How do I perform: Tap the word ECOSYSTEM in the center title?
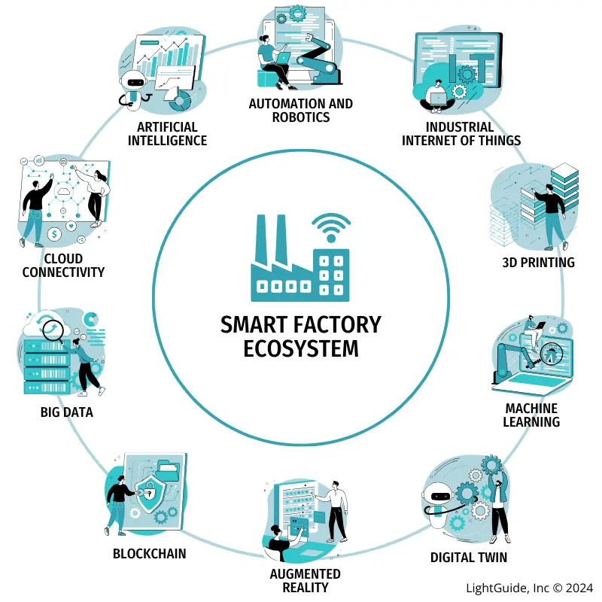click(301, 349)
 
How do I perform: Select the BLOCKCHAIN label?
click(149, 554)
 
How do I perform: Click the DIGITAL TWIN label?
click(468, 558)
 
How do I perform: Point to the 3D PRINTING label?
click(538, 263)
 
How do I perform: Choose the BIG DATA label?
click(67, 412)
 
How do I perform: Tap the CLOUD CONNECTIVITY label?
click(63, 266)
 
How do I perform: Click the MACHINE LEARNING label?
click(531, 415)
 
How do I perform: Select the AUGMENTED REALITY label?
click(305, 580)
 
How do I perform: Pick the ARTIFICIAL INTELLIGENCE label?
click(167, 133)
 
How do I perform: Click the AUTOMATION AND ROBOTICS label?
click(300, 110)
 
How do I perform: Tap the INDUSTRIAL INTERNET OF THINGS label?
click(461, 134)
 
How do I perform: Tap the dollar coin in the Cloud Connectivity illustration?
click(55, 235)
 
